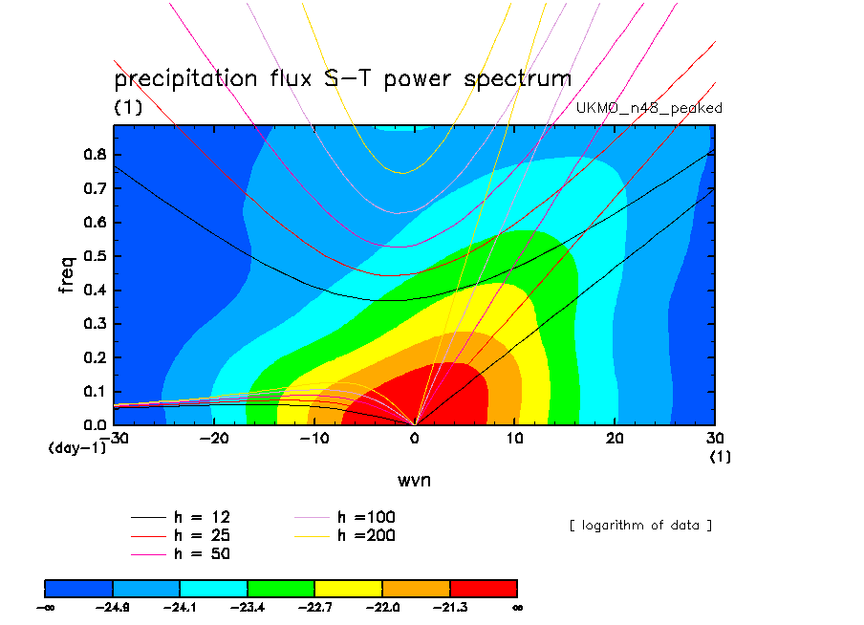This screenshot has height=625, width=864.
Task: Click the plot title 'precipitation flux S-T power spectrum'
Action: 342,78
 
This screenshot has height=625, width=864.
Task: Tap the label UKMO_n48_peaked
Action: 649,108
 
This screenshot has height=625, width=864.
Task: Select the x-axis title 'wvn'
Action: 414,480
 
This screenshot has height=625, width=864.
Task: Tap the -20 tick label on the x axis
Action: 212,438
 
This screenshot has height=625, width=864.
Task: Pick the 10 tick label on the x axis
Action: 515,438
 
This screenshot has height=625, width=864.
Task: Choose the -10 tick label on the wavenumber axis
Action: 313,438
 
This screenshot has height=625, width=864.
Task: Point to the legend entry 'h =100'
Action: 367,517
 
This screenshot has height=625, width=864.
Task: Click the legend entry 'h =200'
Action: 367,535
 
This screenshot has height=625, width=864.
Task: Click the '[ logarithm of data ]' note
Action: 640,525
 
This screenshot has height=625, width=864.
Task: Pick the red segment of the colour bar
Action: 483,588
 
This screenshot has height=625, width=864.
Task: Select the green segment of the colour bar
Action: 281,588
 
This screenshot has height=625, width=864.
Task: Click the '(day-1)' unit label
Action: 76,446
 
